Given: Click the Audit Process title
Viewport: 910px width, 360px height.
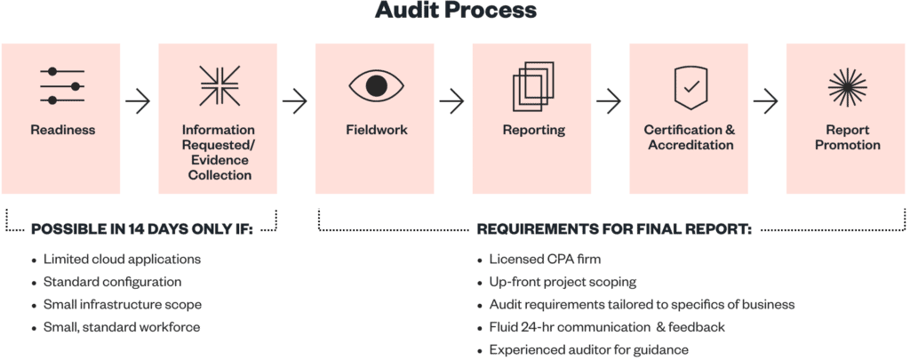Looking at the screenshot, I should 455,11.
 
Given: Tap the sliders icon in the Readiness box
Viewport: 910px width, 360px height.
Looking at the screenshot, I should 62,85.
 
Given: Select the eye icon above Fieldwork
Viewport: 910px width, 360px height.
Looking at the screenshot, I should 376,85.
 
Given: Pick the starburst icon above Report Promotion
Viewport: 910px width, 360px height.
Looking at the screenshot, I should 847,86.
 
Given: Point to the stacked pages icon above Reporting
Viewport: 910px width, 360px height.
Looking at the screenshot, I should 533,86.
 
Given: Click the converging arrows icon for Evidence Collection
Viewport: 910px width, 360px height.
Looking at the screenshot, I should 220,86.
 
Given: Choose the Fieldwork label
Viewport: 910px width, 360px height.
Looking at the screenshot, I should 376,130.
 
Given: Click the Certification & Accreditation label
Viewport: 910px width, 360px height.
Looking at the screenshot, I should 690,137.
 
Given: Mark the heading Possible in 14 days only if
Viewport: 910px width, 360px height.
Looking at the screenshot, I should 142,229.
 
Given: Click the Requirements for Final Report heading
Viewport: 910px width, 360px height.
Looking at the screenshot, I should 614,229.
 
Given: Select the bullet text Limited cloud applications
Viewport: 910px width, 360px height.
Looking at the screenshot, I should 122,259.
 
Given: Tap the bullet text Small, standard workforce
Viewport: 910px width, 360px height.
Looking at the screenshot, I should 121,327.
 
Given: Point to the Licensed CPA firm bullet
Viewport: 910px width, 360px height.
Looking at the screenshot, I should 545,259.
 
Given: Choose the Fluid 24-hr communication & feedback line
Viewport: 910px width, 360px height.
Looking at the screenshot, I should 607,327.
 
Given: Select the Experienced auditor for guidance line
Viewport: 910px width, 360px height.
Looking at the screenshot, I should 588,350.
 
